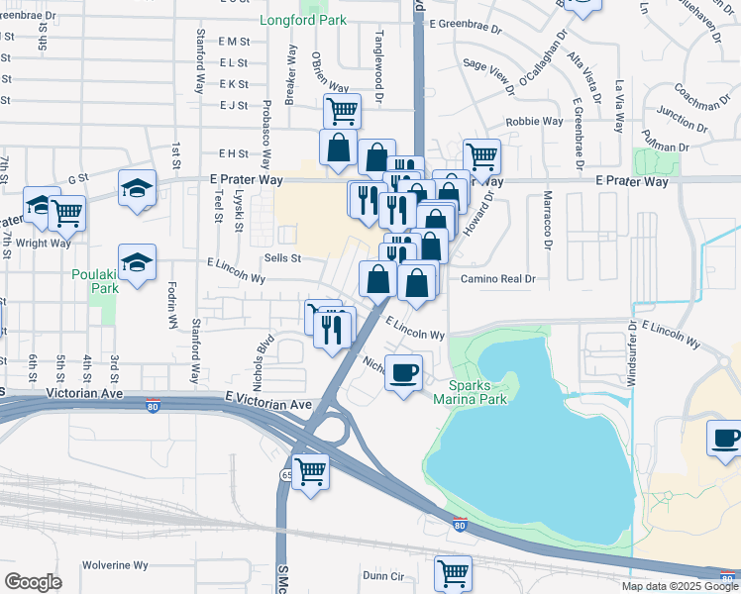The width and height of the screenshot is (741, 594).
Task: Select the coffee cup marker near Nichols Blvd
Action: click(403, 373)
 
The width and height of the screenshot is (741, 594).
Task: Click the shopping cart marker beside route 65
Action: click(311, 470)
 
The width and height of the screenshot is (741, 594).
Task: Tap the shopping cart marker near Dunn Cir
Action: click(453, 572)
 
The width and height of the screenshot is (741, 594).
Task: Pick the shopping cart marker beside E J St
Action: click(342, 110)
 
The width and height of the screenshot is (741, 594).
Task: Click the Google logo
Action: click(33, 582)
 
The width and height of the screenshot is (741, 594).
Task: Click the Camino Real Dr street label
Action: click(497, 279)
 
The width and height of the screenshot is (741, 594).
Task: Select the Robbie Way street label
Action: click(535, 122)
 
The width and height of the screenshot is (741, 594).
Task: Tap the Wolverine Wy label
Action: click(115, 565)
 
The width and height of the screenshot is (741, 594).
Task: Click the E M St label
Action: click(234, 41)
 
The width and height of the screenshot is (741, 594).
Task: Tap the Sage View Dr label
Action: click(489, 76)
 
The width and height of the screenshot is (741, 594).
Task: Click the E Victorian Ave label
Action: click(267, 404)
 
